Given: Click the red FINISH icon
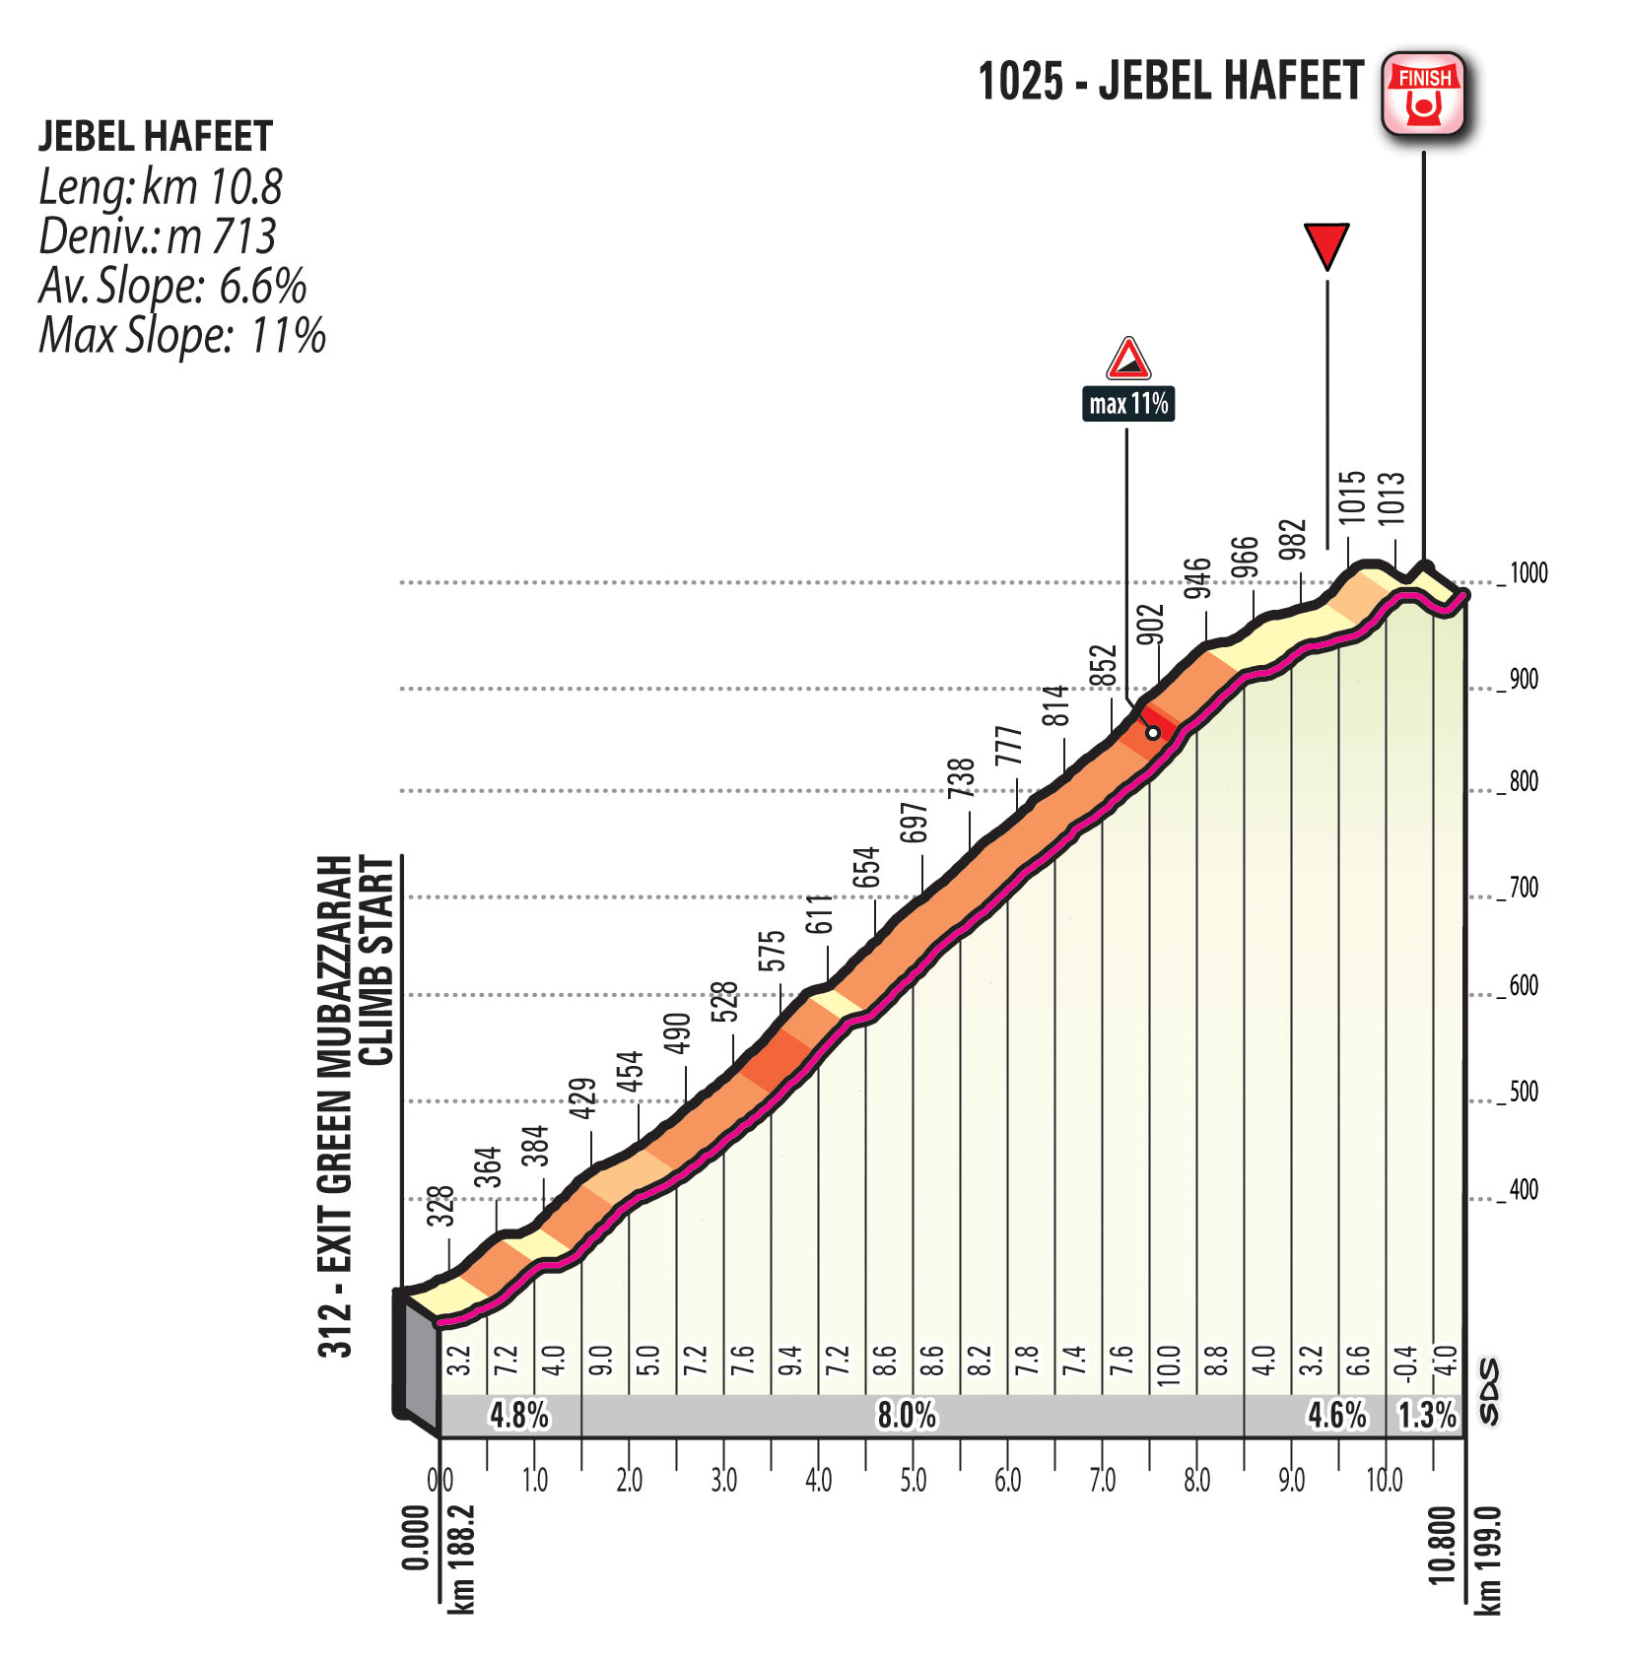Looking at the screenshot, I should click(x=1423, y=93).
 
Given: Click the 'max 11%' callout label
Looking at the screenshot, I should click(x=1127, y=404).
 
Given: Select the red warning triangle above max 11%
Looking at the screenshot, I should click(x=1128, y=360).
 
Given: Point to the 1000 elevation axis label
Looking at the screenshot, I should click(x=1528, y=572).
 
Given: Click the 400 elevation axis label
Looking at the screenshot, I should click(x=1524, y=1189).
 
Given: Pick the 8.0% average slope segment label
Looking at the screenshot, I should click(x=907, y=1415).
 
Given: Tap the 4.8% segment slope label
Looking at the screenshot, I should click(x=519, y=1415).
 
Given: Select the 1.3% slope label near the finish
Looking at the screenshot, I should click(x=1427, y=1415).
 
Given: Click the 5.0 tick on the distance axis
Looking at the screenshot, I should click(x=913, y=1481).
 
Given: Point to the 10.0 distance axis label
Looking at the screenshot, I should click(x=1384, y=1481).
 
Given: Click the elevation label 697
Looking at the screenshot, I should click(x=915, y=823).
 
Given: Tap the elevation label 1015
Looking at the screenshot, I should click(x=1351, y=497).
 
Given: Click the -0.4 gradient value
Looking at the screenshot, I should click(x=1406, y=1365).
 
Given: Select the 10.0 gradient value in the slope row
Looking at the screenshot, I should click(x=1169, y=1365).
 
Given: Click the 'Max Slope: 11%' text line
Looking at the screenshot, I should click(x=182, y=335).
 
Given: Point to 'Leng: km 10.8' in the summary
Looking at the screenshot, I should click(x=161, y=186).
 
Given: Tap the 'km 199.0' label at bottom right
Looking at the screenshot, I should click(x=1488, y=1560).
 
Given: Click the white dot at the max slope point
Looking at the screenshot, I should click(x=1152, y=733).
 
